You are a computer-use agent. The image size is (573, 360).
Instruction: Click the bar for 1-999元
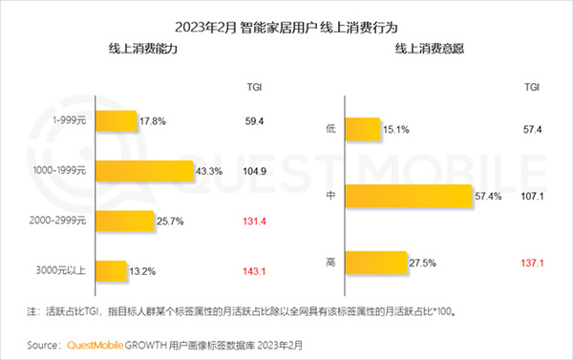pyautogui.click(x=115, y=121)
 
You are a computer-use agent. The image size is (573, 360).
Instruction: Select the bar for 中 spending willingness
pyautogui.click(x=410, y=196)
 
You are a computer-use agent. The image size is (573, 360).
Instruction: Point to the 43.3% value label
pyautogui.click(x=208, y=171)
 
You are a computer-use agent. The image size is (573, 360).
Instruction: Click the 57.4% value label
pyautogui.click(x=488, y=196)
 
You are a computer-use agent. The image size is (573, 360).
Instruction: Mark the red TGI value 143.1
pyautogui.click(x=253, y=270)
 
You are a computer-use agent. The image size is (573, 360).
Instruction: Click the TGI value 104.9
pyautogui.click(x=253, y=171)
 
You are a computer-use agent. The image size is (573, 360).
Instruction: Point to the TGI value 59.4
pyautogui.click(x=253, y=121)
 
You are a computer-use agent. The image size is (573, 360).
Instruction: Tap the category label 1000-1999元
pyautogui.click(x=58, y=171)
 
